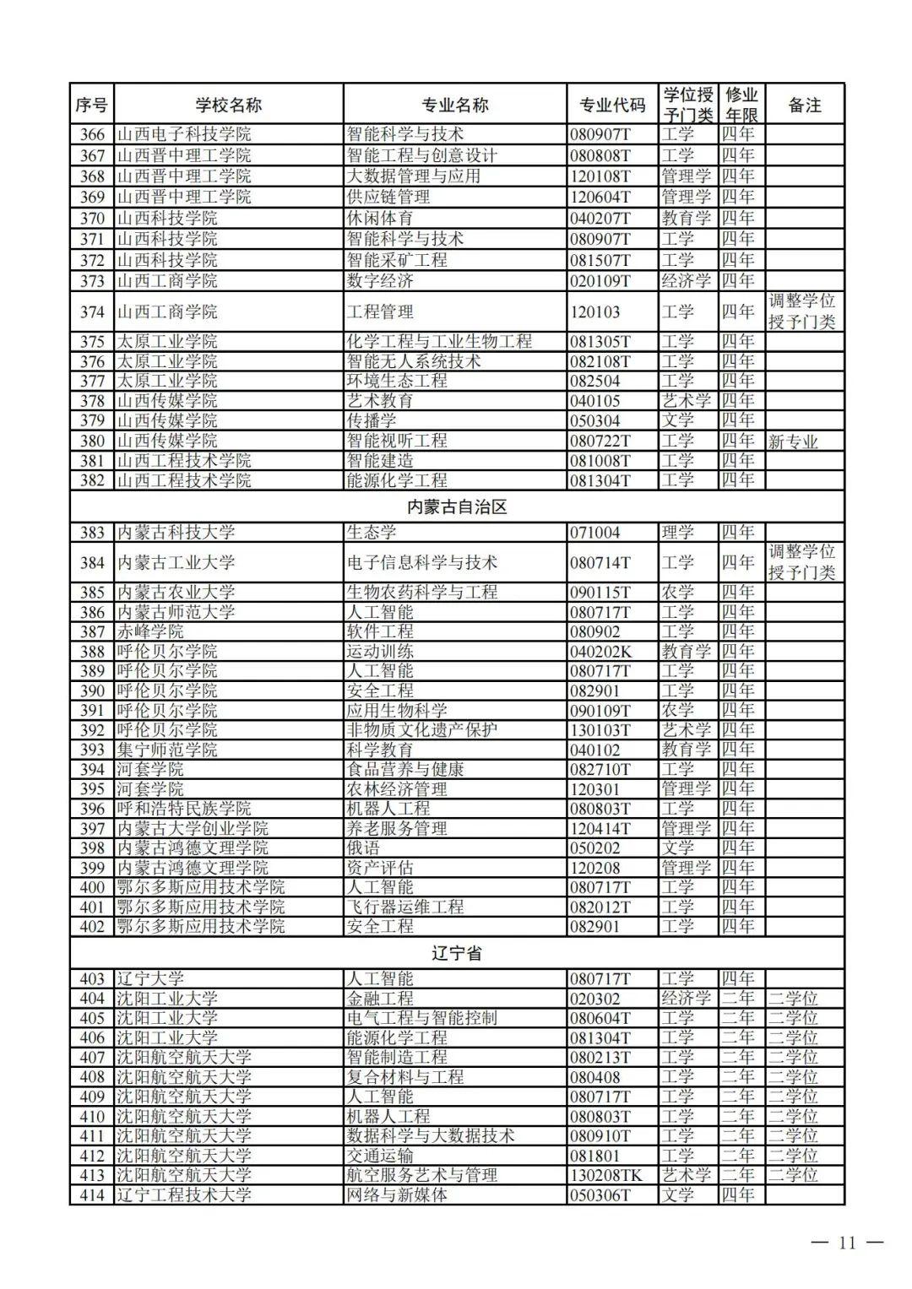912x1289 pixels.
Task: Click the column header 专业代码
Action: click(x=611, y=105)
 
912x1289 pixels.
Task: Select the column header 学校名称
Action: click(x=228, y=105)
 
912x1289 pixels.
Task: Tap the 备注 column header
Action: click(x=804, y=105)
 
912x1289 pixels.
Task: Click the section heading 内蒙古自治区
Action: click(x=457, y=507)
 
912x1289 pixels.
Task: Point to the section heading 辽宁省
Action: click(x=457, y=953)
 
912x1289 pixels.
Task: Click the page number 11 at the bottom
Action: click(x=847, y=1242)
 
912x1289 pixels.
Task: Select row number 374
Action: click(x=92, y=311)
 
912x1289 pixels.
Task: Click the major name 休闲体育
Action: click(x=380, y=218)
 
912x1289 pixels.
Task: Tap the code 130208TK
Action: click(x=605, y=1175)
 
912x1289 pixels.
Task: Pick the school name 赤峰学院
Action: click(x=149, y=631)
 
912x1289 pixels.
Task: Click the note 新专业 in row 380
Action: click(x=793, y=441)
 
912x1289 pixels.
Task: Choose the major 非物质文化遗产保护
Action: click(x=421, y=730)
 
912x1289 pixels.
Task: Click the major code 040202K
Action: click(x=600, y=652)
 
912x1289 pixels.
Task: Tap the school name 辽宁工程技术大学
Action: click(x=183, y=1194)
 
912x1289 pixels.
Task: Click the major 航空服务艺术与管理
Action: click(x=421, y=1175)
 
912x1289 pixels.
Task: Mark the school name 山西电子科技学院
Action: click(x=183, y=134)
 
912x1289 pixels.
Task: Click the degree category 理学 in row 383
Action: click(x=677, y=533)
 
